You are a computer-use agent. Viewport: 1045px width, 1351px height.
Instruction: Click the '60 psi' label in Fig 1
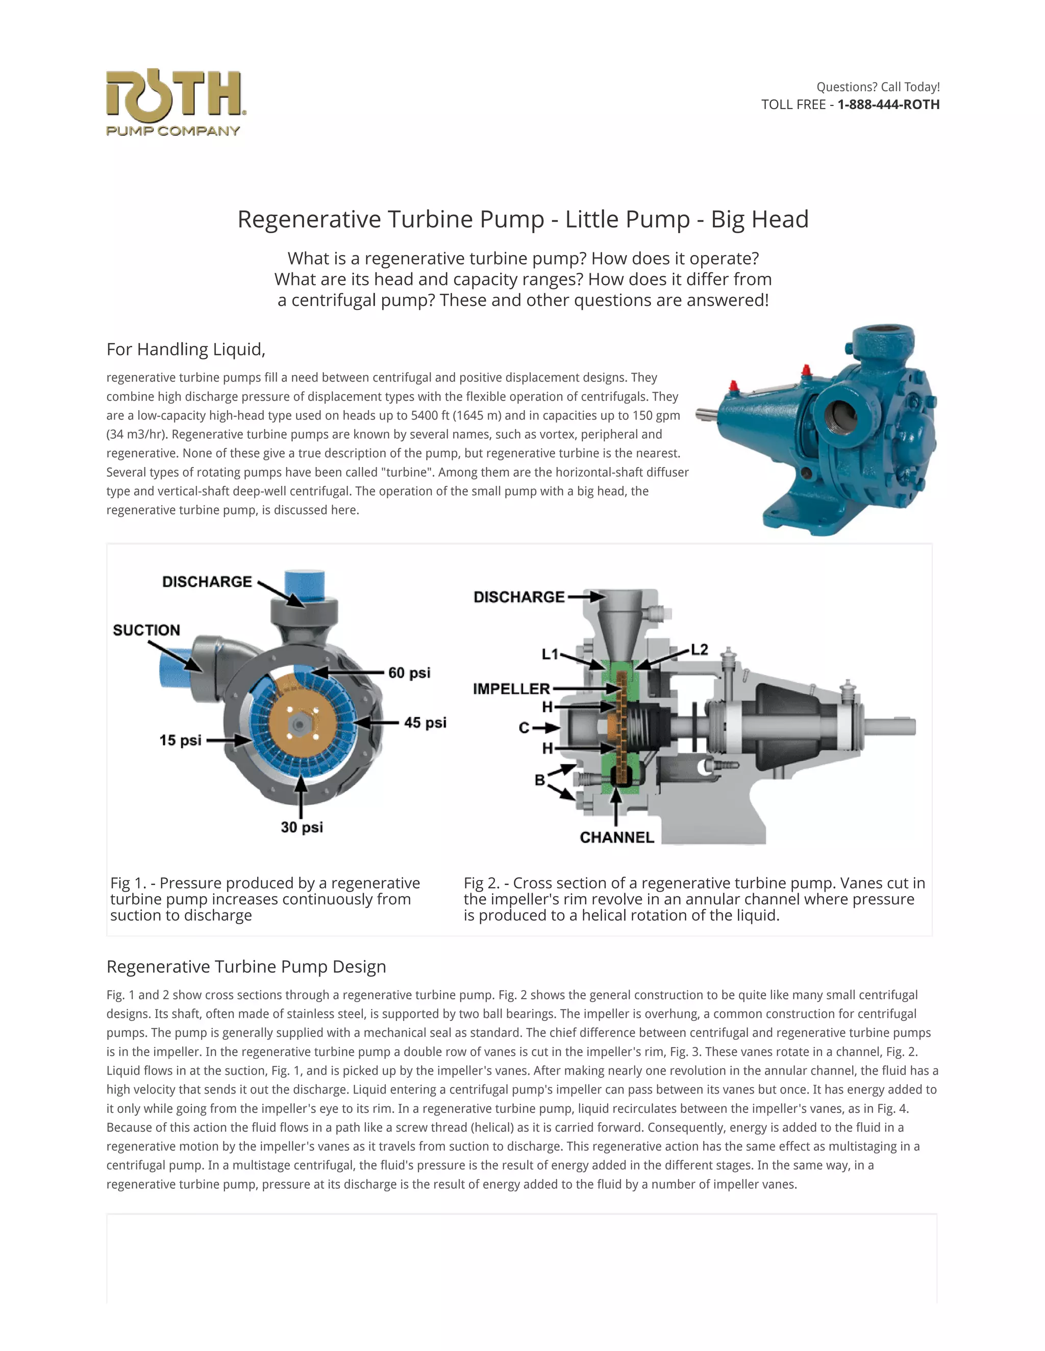click(x=409, y=672)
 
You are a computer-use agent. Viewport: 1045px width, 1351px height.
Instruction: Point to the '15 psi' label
click(x=180, y=740)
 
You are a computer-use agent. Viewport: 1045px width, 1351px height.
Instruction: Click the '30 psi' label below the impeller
click(x=302, y=827)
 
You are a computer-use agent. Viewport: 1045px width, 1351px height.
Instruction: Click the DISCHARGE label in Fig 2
click(x=519, y=597)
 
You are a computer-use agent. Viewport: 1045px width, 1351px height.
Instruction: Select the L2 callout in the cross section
click(x=699, y=649)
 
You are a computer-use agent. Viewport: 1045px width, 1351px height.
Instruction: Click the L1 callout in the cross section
click(x=550, y=655)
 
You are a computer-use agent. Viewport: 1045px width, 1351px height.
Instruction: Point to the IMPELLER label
click(x=511, y=688)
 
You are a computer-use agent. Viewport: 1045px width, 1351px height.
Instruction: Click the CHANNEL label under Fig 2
click(x=616, y=837)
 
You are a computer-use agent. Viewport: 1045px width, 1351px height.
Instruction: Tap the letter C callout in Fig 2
click(x=524, y=728)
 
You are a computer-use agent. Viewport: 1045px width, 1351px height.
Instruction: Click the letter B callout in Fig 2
click(x=540, y=780)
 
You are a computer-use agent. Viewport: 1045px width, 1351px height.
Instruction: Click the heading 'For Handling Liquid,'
click(x=186, y=350)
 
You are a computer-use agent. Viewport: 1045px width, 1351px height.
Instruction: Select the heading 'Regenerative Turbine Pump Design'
click(x=246, y=966)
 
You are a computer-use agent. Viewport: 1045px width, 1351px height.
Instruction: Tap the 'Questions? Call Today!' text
click(x=877, y=87)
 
